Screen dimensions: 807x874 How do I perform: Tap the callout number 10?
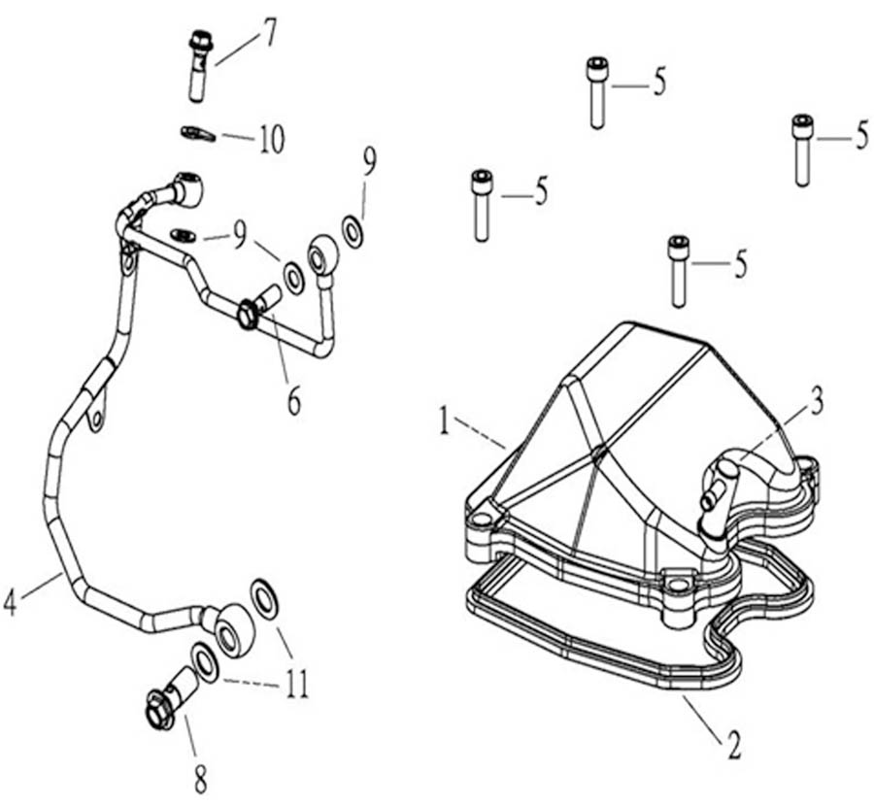pos(271,141)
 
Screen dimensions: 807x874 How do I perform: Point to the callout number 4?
pos(11,602)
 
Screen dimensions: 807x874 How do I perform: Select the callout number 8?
pos(200,777)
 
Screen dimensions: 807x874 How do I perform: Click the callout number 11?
pos(296,686)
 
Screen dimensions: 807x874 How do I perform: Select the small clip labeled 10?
pos(197,132)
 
